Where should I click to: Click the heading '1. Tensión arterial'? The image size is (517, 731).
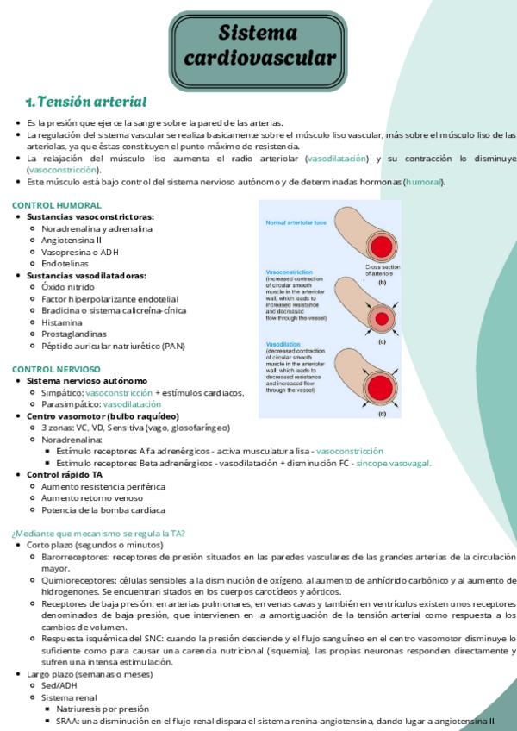tap(85, 102)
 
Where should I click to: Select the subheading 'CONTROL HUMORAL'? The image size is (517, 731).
tap(56, 205)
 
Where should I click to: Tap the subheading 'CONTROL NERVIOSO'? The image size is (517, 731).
tap(56, 369)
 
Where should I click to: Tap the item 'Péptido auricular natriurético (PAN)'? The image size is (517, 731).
tap(125, 346)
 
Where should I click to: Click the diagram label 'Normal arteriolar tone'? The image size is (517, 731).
tap(296, 222)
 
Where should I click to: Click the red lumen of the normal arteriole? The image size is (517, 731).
tap(382, 248)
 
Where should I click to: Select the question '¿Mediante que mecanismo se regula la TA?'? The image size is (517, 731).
tap(98, 533)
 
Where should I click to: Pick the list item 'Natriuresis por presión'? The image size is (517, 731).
tap(104, 709)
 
